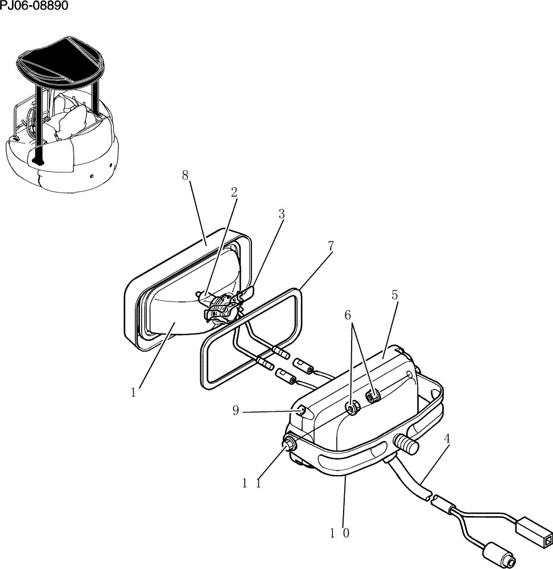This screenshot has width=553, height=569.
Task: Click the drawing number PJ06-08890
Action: point(34,6)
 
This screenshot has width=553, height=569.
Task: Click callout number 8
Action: point(185,175)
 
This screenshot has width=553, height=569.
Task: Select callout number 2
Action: point(234,192)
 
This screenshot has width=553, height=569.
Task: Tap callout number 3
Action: point(281,214)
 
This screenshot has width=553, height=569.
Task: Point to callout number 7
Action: point(331,246)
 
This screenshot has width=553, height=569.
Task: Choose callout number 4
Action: point(447,439)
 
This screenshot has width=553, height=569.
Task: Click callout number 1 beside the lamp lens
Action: point(133,393)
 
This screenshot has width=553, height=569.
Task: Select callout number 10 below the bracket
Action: point(339,533)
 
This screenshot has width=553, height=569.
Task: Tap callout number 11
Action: point(250,483)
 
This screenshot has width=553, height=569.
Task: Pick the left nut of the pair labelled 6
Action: point(352,407)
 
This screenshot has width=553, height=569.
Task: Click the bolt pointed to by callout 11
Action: point(290,444)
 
